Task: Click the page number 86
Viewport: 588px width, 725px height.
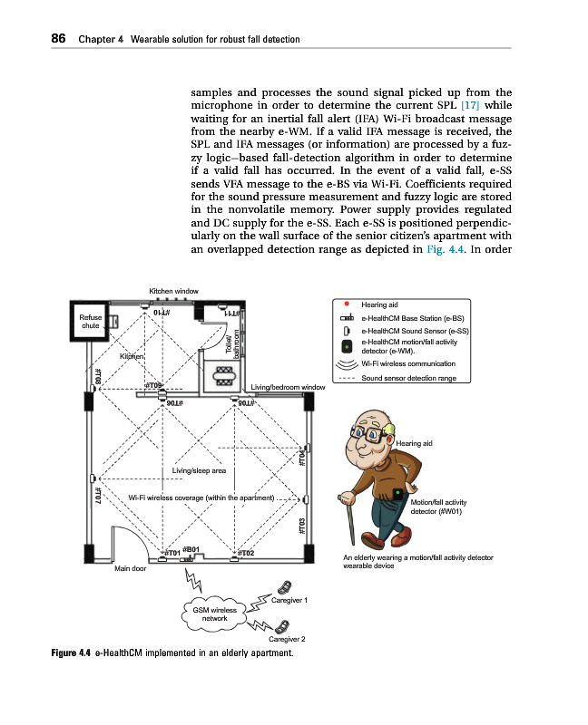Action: tap(37, 39)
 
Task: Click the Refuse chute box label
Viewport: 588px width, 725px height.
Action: tap(91, 322)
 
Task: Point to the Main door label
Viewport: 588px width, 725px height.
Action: tap(129, 569)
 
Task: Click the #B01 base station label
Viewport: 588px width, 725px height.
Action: tap(191, 548)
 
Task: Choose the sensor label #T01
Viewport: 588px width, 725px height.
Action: tap(170, 553)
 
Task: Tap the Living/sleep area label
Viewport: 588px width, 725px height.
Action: tap(199, 470)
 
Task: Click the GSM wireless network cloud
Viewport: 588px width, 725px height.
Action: tap(214, 614)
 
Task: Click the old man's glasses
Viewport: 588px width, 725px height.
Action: tap(370, 434)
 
